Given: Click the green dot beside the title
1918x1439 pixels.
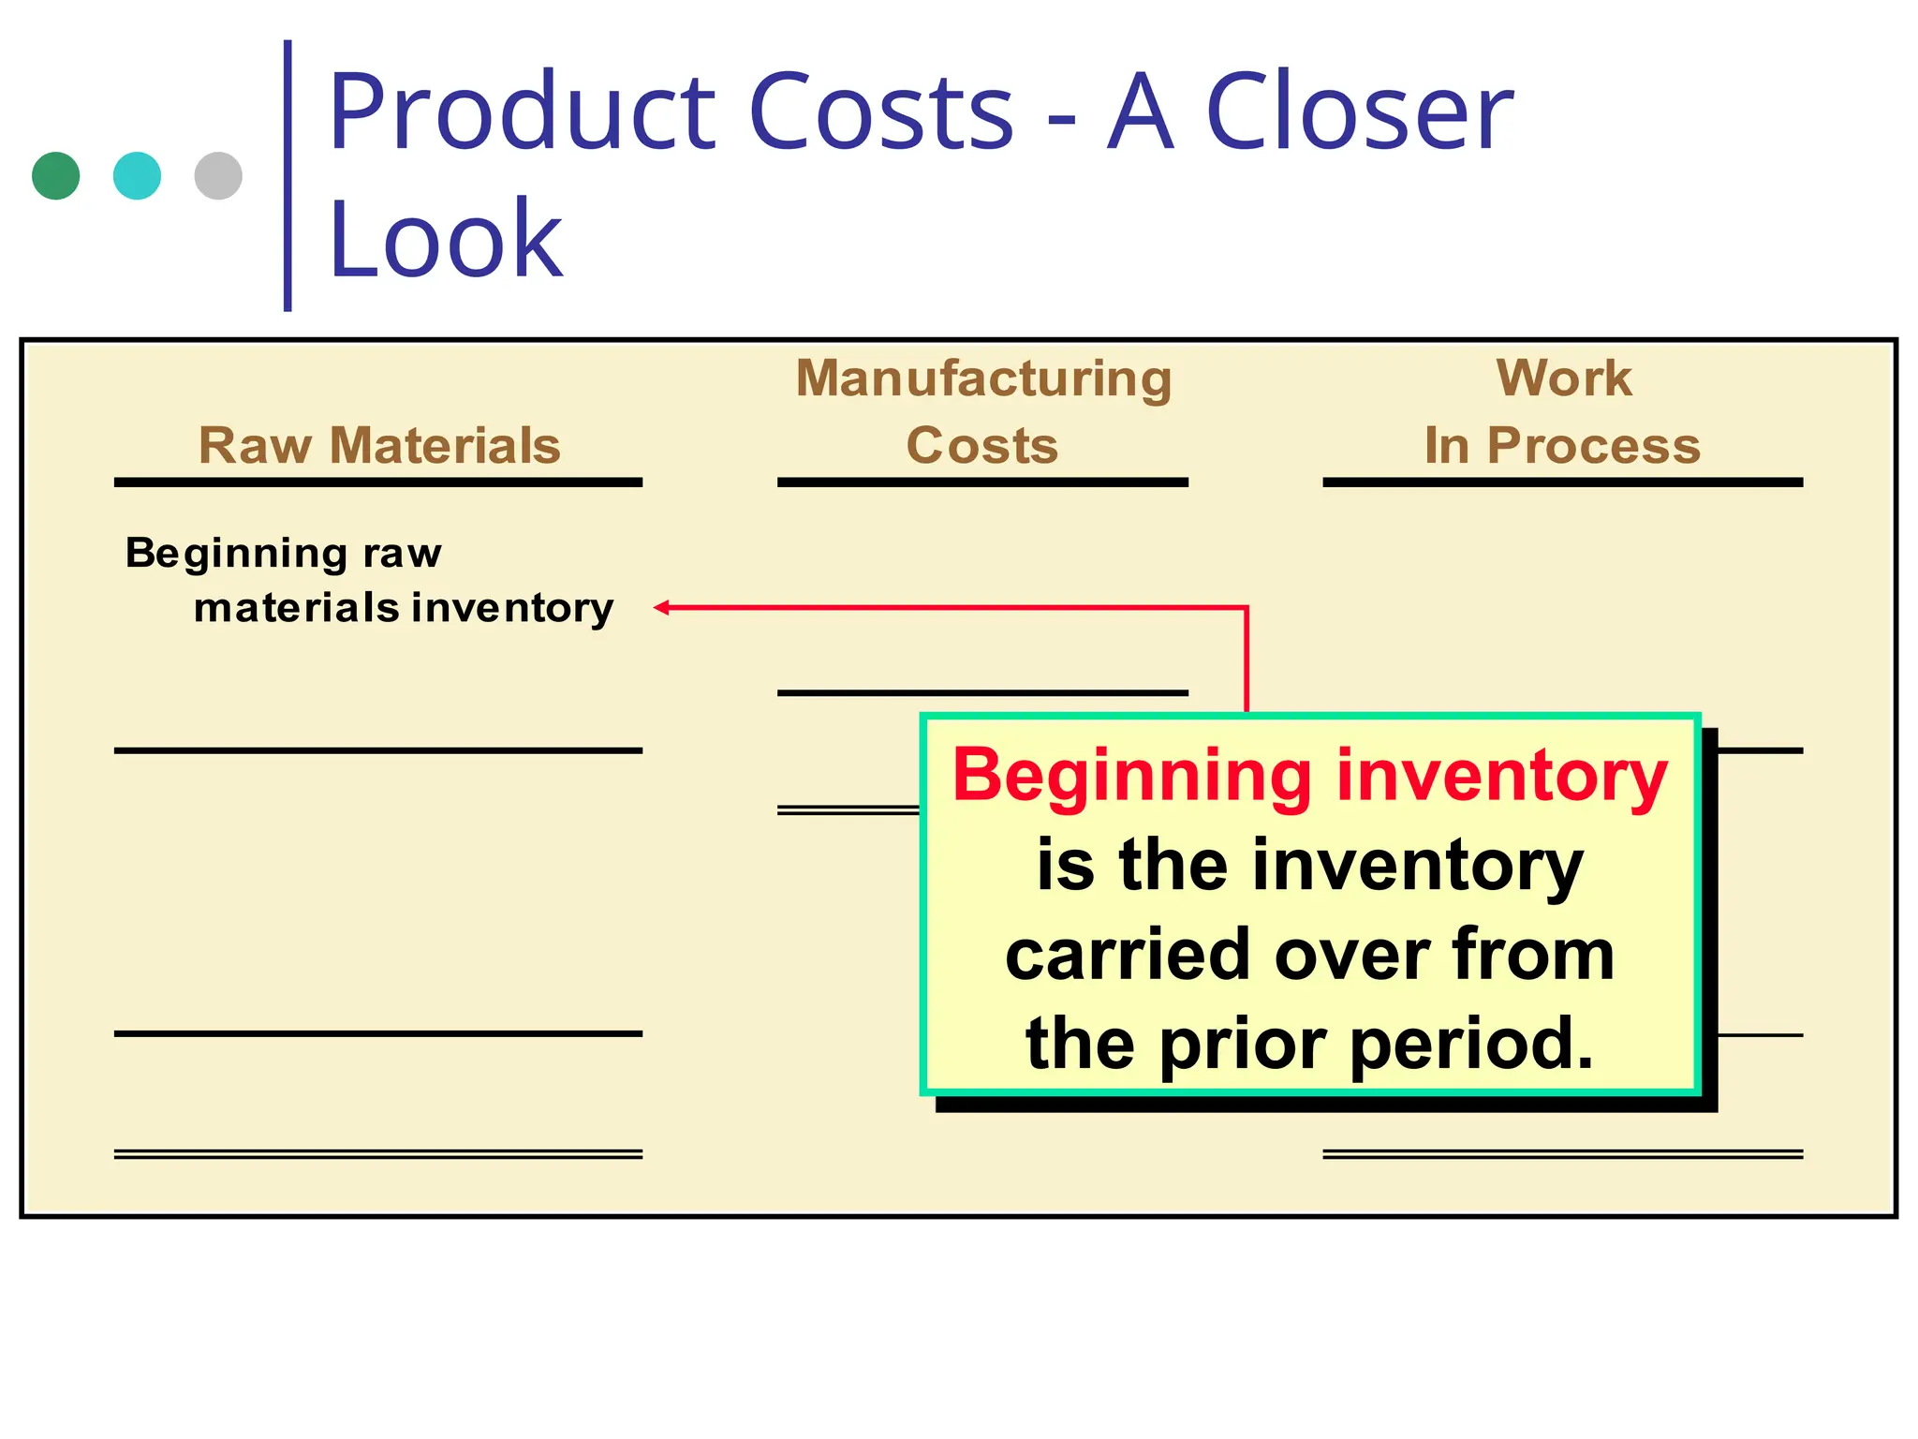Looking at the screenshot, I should coord(55,176).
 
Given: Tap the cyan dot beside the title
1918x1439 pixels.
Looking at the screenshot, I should coord(137,176).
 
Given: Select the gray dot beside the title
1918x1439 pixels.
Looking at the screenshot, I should coord(218,176).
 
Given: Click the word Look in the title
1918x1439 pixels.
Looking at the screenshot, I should coord(446,240).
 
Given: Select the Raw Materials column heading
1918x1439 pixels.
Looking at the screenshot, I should coord(379,445).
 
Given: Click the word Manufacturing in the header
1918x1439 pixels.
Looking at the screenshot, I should coord(983,378).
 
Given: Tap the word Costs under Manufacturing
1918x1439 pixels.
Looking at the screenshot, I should coord(982,445).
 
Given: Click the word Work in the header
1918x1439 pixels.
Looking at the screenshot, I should coord(1563,378).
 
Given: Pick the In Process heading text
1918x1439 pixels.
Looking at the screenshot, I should coord(1562,445).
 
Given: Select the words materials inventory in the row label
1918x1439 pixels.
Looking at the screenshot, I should coord(404,608).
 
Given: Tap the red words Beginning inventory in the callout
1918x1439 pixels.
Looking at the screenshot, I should coord(1309,777).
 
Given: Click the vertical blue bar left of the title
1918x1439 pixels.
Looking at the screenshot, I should coord(288,176).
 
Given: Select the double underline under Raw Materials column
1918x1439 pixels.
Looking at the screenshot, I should coord(378,1154).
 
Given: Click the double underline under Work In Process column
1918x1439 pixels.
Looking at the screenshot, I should coord(1562,1154).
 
